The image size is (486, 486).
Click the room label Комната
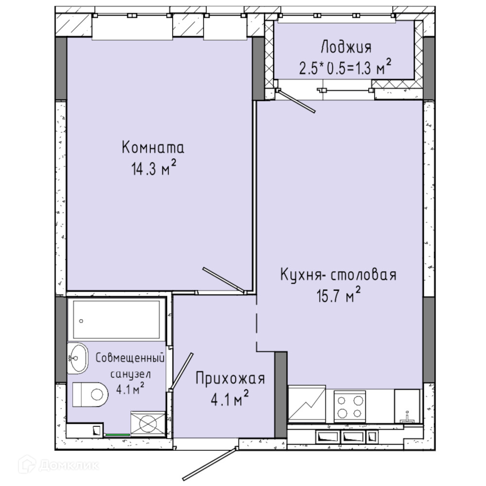153,147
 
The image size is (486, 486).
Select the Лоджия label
346,48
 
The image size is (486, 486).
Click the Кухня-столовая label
338,275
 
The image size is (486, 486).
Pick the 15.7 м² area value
338,295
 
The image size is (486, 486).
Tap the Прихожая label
230,379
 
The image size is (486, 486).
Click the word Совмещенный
130,358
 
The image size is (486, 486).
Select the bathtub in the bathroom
117,320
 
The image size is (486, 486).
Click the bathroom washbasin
77,358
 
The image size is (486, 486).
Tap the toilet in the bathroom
90,395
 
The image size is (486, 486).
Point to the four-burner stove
349,406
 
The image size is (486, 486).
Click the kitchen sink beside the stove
407,406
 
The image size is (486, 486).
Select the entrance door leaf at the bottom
210,464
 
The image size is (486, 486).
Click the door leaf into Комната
224,280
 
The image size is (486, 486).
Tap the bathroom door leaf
182,371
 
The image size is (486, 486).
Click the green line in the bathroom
118,435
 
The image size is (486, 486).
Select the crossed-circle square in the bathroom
148,424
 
